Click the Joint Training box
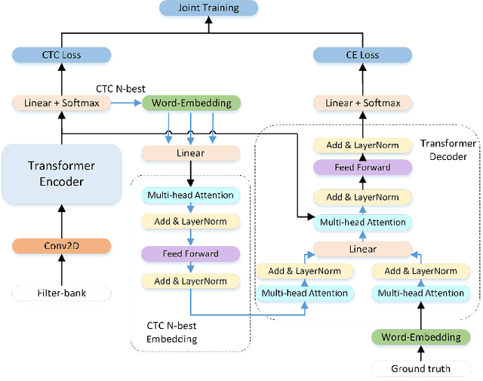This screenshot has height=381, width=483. coord(209,8)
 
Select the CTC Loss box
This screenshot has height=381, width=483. coord(62,54)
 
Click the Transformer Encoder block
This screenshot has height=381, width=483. coord(62,174)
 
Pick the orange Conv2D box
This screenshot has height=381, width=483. coord(62,246)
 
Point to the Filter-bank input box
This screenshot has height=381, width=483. coord(62,293)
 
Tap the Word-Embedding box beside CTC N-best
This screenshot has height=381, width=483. coord(191,103)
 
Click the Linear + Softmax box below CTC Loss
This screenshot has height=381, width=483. coord(62,103)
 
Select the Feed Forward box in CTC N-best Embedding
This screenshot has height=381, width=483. coord(191,253)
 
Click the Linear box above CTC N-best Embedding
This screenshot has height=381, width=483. coord(191,153)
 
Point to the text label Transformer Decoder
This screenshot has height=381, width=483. coord(448,150)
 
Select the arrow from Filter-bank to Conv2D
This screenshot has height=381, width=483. coord(62,269)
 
